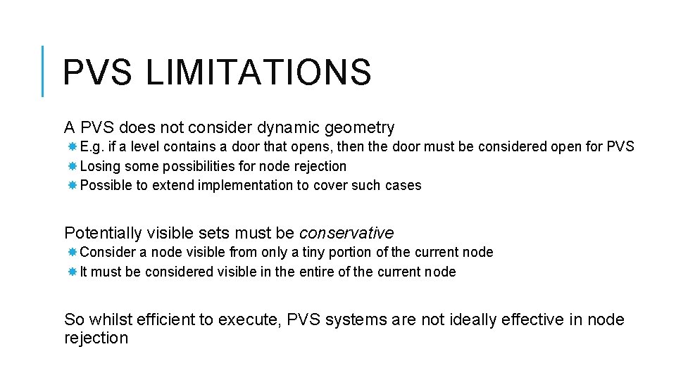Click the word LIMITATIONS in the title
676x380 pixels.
coord(258,72)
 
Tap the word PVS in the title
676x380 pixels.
coord(96,72)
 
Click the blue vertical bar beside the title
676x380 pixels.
coord(42,70)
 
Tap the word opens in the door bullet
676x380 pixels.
coord(323,147)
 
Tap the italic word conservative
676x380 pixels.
coord(346,233)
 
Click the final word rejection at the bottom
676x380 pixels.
coord(96,338)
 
